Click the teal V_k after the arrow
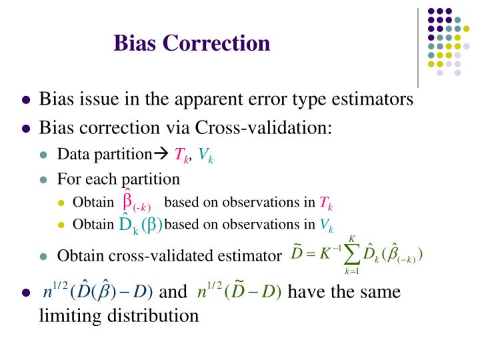point(205,156)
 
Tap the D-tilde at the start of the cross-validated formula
point(298,254)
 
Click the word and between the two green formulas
point(174,292)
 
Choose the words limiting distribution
point(119,315)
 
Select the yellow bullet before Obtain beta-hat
point(62,203)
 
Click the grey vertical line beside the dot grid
point(418,47)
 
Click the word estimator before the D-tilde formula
point(247,256)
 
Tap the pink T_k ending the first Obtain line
point(326,203)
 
